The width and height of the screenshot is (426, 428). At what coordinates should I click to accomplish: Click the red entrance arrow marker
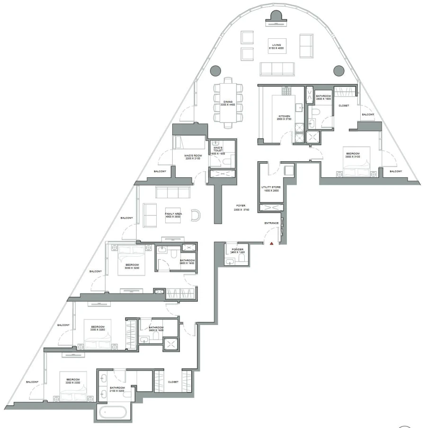[272, 244]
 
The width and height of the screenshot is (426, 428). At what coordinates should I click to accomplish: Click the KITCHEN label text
[284, 118]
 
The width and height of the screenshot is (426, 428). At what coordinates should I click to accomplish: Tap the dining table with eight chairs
[229, 103]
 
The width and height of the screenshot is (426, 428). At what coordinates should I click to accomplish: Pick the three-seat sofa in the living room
[278, 69]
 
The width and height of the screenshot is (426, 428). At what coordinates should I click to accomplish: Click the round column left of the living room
[214, 70]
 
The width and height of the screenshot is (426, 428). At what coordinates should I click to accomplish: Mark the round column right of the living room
[338, 70]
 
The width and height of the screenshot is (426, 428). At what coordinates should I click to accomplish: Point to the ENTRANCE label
[271, 223]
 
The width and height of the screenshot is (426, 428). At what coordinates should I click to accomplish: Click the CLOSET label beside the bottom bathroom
[173, 382]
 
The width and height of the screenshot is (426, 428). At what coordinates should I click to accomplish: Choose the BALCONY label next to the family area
[126, 218]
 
